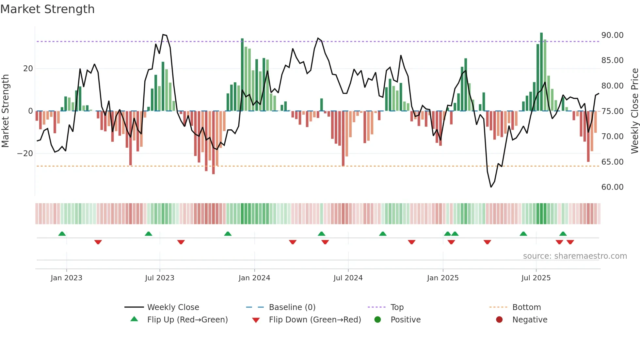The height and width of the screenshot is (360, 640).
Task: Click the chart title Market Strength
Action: (47, 9)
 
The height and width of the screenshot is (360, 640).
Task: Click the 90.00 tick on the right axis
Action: (612, 35)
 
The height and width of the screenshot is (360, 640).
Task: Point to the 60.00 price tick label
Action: (612, 187)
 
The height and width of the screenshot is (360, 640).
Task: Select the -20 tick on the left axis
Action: (25, 154)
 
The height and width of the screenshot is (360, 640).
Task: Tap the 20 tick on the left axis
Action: (28, 69)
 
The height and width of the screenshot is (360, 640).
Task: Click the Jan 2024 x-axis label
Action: (254, 278)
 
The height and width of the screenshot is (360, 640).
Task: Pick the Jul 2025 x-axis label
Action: (536, 278)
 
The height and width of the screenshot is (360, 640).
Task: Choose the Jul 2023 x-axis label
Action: (160, 278)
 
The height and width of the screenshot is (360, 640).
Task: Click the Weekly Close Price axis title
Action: (634, 111)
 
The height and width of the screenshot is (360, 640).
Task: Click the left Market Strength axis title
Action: (5, 111)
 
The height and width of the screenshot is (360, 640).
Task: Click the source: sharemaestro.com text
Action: (575, 256)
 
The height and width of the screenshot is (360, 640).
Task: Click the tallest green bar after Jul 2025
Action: (541, 72)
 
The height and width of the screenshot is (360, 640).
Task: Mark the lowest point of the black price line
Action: (491, 187)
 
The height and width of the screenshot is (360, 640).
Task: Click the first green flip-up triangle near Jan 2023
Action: (62, 234)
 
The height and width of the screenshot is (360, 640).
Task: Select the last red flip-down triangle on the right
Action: (570, 242)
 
